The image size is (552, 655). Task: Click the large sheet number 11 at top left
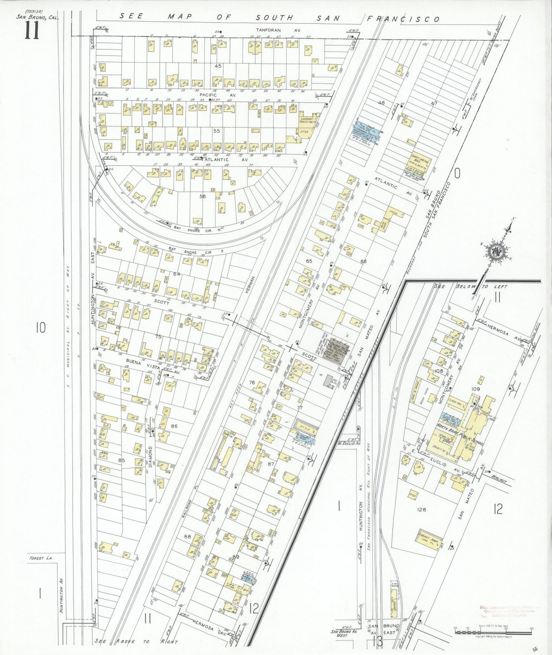pos(32,31)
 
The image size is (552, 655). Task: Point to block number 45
pos(218,66)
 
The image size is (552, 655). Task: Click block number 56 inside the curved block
pos(202,196)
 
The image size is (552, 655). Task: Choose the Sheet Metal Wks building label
pos(420,157)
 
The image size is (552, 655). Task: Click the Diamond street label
pos(150,457)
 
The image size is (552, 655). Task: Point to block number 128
pos(421,509)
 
